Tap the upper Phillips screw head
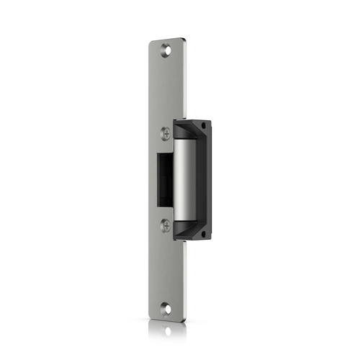point(166,134)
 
